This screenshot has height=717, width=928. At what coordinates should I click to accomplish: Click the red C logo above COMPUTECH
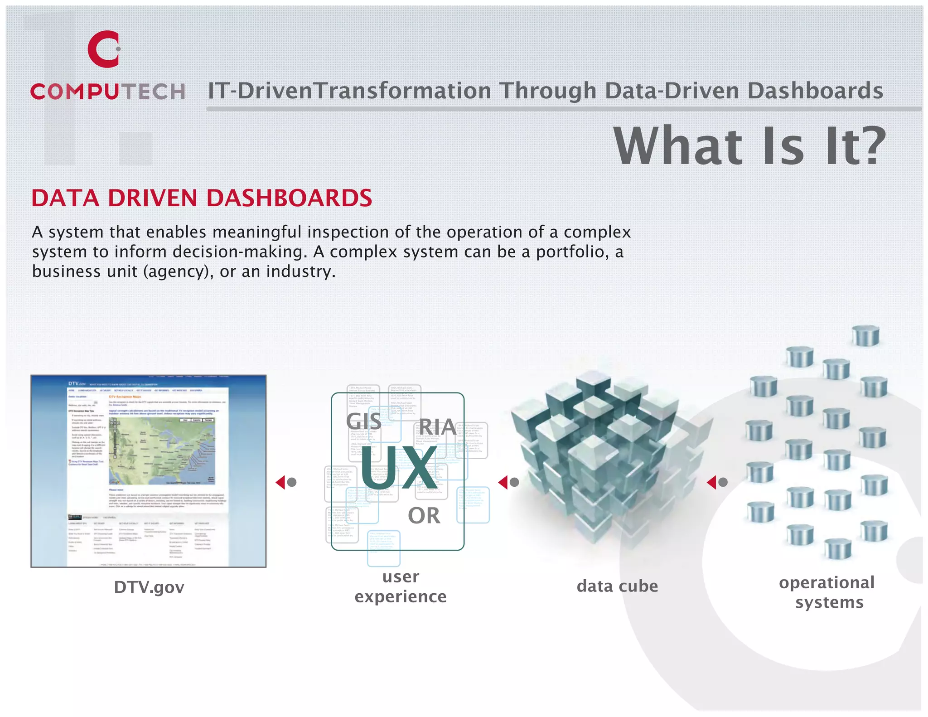coord(104,49)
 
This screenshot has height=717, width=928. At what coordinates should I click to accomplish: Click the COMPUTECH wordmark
coord(108,92)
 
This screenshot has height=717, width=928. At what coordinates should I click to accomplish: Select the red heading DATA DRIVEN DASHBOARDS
coord(202,199)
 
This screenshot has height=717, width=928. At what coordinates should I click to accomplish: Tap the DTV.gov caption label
coord(149,587)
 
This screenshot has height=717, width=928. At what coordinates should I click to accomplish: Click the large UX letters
coord(399,468)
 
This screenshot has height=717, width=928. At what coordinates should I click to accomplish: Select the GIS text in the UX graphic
coord(364,421)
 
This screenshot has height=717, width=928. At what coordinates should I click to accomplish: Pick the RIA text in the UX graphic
coord(437,426)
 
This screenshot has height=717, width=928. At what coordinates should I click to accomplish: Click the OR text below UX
coord(424,516)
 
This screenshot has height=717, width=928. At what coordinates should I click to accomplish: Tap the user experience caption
coord(401,586)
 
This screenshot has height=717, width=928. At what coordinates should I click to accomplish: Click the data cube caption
coord(617,586)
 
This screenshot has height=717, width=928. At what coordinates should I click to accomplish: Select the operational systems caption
coord(827,592)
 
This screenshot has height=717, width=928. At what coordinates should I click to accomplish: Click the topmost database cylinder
coord(865,336)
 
